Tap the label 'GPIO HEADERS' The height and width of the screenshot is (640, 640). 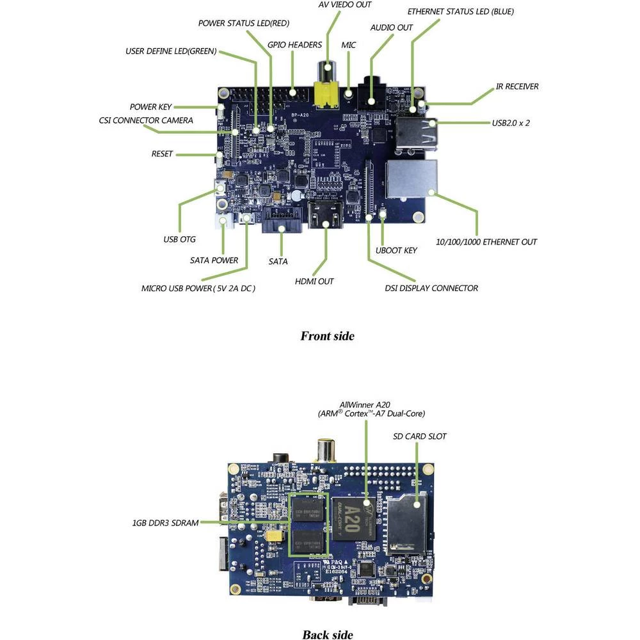pos(295,45)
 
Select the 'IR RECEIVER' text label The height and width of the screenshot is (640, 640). pos(517,86)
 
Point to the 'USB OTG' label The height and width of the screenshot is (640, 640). pos(179,239)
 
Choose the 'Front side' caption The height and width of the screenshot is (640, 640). pos(327,336)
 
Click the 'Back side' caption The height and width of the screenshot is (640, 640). pos(327,634)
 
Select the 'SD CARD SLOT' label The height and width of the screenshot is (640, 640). pos(419,436)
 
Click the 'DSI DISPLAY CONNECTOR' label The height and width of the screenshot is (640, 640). pos(431,288)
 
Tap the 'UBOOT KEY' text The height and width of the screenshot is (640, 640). pos(397,250)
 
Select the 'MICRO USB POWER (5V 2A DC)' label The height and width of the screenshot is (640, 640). pos(198,288)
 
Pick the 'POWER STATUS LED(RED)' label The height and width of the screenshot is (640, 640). pos(244,23)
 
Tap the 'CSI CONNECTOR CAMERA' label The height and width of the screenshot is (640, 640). pos(146,120)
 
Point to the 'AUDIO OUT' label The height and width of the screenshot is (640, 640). pos(392,28)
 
